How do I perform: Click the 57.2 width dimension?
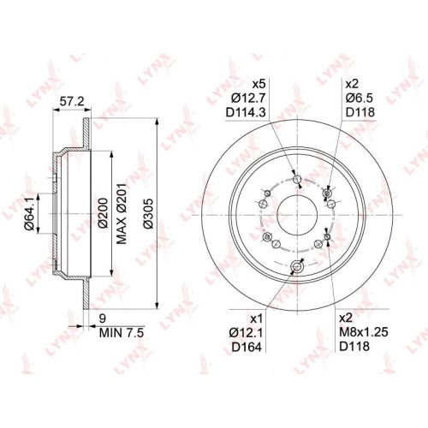click(x=71, y=101)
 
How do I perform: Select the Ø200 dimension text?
click(x=104, y=213)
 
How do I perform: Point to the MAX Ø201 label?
click(x=122, y=213)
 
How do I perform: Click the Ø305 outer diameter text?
click(x=148, y=213)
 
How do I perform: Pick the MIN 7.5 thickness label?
click(x=122, y=333)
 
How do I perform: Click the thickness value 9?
click(x=103, y=318)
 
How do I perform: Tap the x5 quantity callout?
click(x=259, y=85)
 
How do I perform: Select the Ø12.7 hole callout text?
click(x=248, y=98)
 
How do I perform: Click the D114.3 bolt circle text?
click(x=246, y=113)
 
